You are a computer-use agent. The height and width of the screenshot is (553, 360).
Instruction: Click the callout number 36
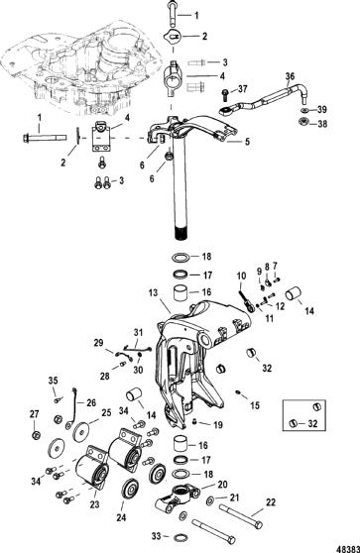point(290,76)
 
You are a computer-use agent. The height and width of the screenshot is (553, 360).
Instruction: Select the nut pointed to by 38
point(303,122)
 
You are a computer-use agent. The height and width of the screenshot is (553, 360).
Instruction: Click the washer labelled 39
point(303,110)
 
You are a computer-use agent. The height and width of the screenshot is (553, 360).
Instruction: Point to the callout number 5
point(247,142)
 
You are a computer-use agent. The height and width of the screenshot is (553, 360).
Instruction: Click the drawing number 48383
point(348,548)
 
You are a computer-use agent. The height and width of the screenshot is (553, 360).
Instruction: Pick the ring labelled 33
point(180,537)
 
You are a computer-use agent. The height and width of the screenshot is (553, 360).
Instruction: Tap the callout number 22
point(271,502)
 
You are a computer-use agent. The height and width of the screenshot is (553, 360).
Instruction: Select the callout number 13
point(153,292)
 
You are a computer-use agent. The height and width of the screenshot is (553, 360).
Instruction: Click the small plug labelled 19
point(194,421)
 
